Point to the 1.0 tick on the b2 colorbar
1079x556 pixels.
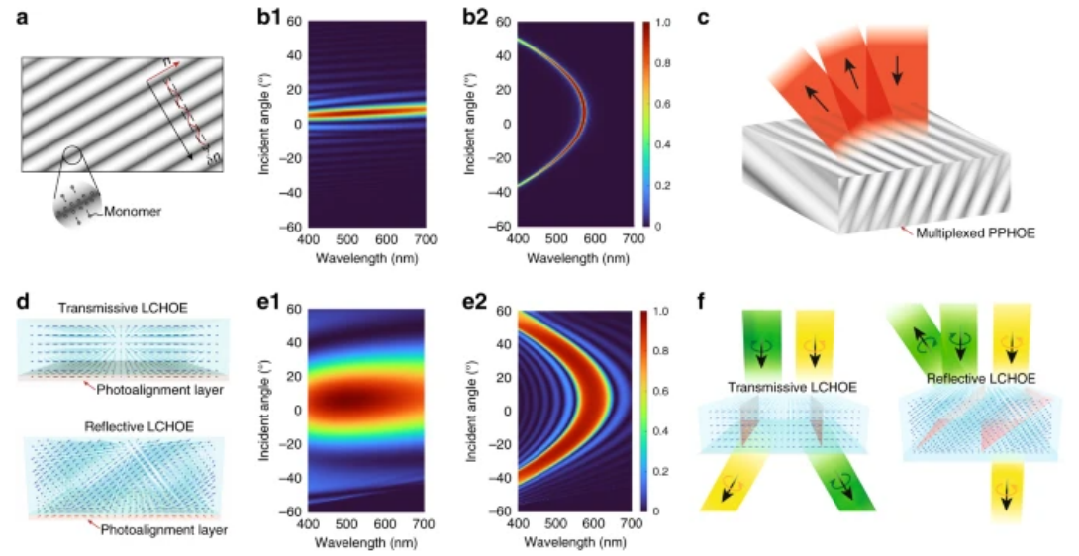point(669,21)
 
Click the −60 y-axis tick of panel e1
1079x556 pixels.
point(293,510)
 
